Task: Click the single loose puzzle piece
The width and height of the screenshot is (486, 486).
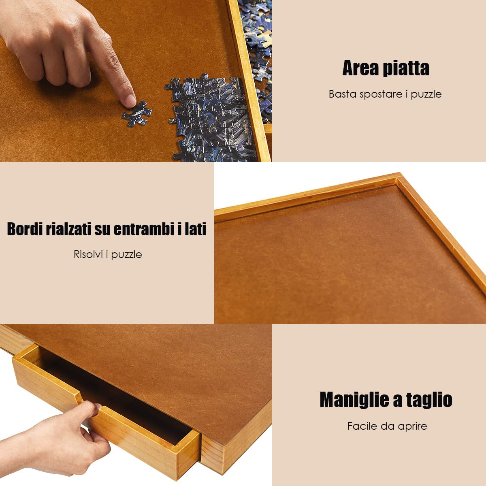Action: tap(136, 113)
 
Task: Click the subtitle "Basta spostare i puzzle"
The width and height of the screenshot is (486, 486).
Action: tap(385, 94)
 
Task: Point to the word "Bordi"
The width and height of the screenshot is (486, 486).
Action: tap(24, 229)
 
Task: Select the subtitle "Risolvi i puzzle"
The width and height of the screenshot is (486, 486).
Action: tap(108, 254)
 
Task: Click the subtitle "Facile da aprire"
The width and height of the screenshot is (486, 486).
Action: tap(387, 426)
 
